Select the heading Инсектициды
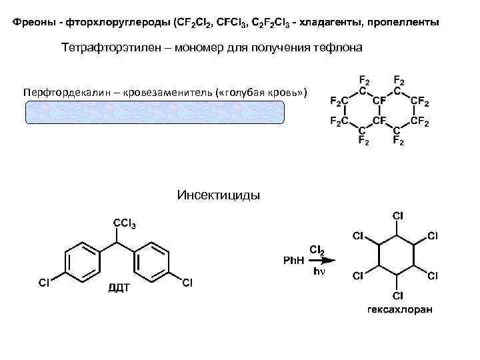(219, 195)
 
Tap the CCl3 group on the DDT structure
(125, 224)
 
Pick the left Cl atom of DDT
(44, 283)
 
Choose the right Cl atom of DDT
(187, 283)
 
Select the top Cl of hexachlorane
(397, 216)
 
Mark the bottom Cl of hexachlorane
(397, 295)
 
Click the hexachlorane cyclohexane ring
(397, 255)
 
